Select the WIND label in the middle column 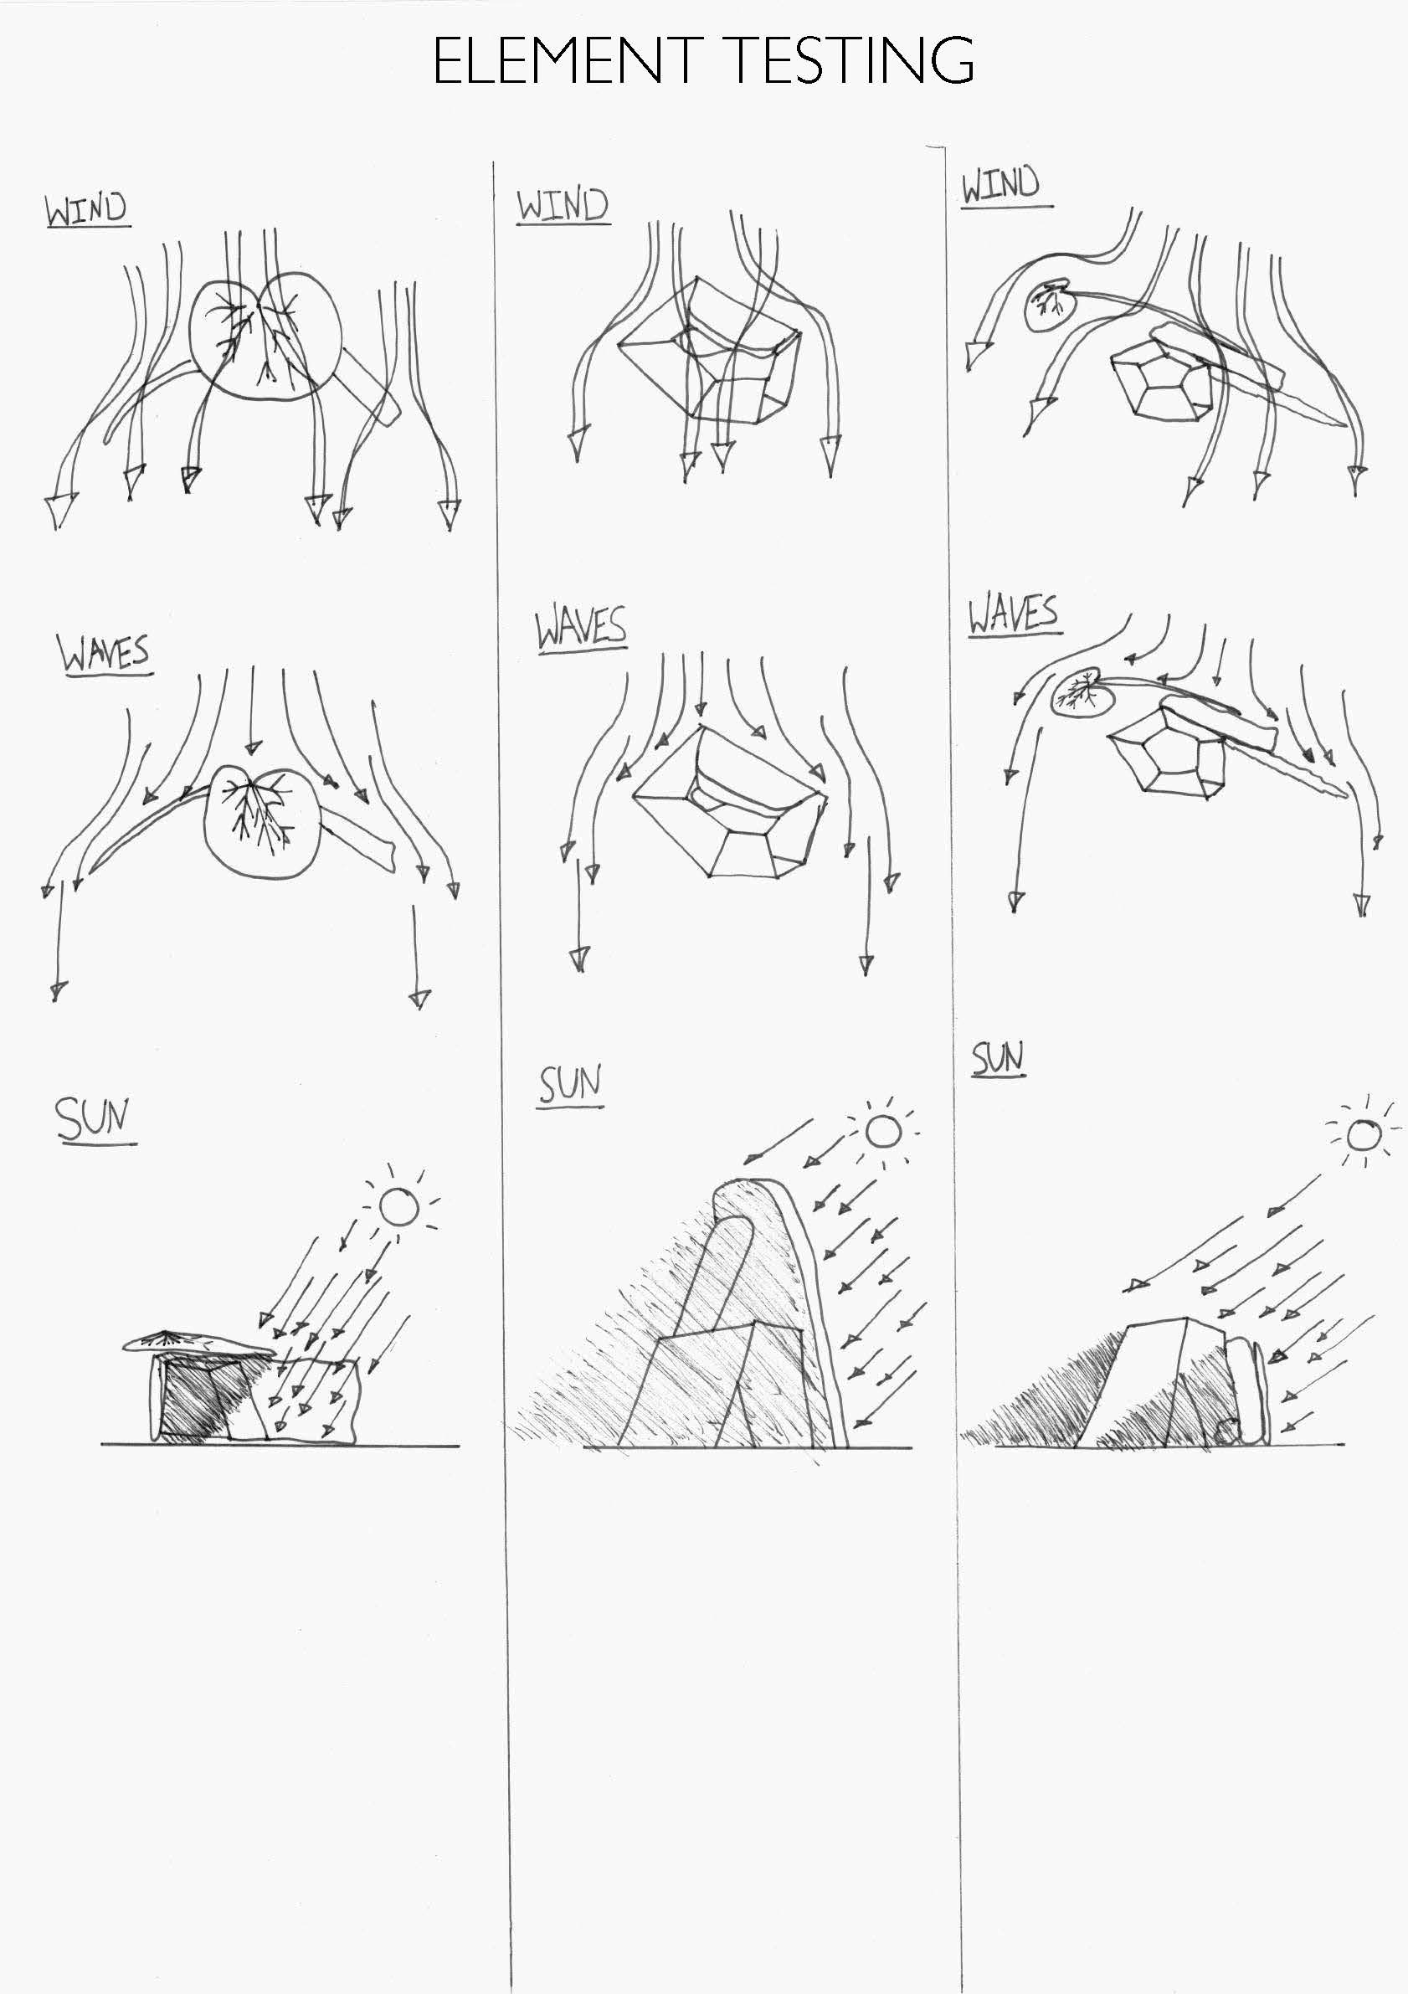pyautogui.click(x=563, y=207)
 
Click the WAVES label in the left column pyautogui.click(x=105, y=654)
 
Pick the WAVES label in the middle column pyautogui.click(x=580, y=628)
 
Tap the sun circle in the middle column pyautogui.click(x=884, y=1131)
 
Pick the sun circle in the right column pyautogui.click(x=1363, y=1134)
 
